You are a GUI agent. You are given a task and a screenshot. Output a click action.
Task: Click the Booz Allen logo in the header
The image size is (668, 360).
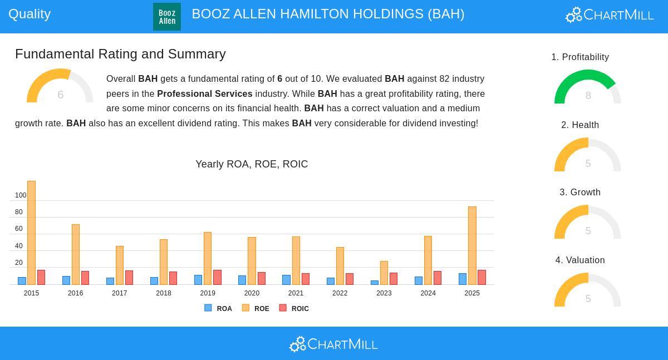(167, 17)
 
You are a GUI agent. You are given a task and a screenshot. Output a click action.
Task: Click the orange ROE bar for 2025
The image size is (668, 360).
(472, 245)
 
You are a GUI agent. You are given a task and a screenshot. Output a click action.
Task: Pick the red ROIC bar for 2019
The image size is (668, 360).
(217, 277)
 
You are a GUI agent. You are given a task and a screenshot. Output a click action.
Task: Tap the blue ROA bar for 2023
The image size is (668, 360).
(375, 283)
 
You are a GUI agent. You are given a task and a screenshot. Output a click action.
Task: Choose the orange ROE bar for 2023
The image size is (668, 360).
(384, 273)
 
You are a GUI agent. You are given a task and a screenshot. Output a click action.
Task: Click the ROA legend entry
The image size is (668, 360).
(218, 308)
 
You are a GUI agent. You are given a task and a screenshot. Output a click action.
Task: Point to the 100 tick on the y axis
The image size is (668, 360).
(21, 195)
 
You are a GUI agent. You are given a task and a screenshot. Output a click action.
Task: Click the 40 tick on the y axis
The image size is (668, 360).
(19, 246)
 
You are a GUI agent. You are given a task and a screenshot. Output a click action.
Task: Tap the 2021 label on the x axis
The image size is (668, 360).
(296, 293)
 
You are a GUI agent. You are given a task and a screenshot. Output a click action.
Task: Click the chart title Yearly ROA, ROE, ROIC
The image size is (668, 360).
(252, 164)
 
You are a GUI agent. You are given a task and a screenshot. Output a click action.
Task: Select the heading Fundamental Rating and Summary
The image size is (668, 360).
(120, 54)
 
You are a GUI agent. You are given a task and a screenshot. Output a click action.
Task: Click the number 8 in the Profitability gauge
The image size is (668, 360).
(588, 96)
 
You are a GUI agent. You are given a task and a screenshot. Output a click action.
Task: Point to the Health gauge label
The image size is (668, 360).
(580, 125)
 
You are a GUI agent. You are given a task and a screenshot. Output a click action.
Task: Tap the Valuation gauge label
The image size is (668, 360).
(580, 260)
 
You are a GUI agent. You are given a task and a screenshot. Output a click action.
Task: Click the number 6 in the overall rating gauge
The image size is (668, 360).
(60, 95)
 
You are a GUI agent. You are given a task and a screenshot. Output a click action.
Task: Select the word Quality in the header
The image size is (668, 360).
(30, 14)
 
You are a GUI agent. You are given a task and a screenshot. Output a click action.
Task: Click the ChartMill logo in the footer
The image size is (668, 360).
(333, 344)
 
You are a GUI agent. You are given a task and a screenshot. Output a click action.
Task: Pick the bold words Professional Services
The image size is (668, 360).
(204, 93)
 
